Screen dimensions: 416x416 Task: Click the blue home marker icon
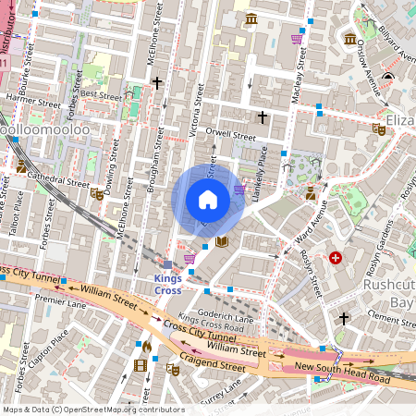208,200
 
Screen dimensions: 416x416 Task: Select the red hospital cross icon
335,257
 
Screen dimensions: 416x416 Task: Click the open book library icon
222,242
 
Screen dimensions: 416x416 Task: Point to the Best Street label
101,95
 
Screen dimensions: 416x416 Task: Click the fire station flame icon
146,346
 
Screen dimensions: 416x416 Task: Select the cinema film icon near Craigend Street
141,365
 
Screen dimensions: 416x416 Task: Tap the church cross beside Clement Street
344,318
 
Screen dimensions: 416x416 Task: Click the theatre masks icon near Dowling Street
96,194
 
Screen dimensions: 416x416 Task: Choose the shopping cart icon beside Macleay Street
296,39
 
